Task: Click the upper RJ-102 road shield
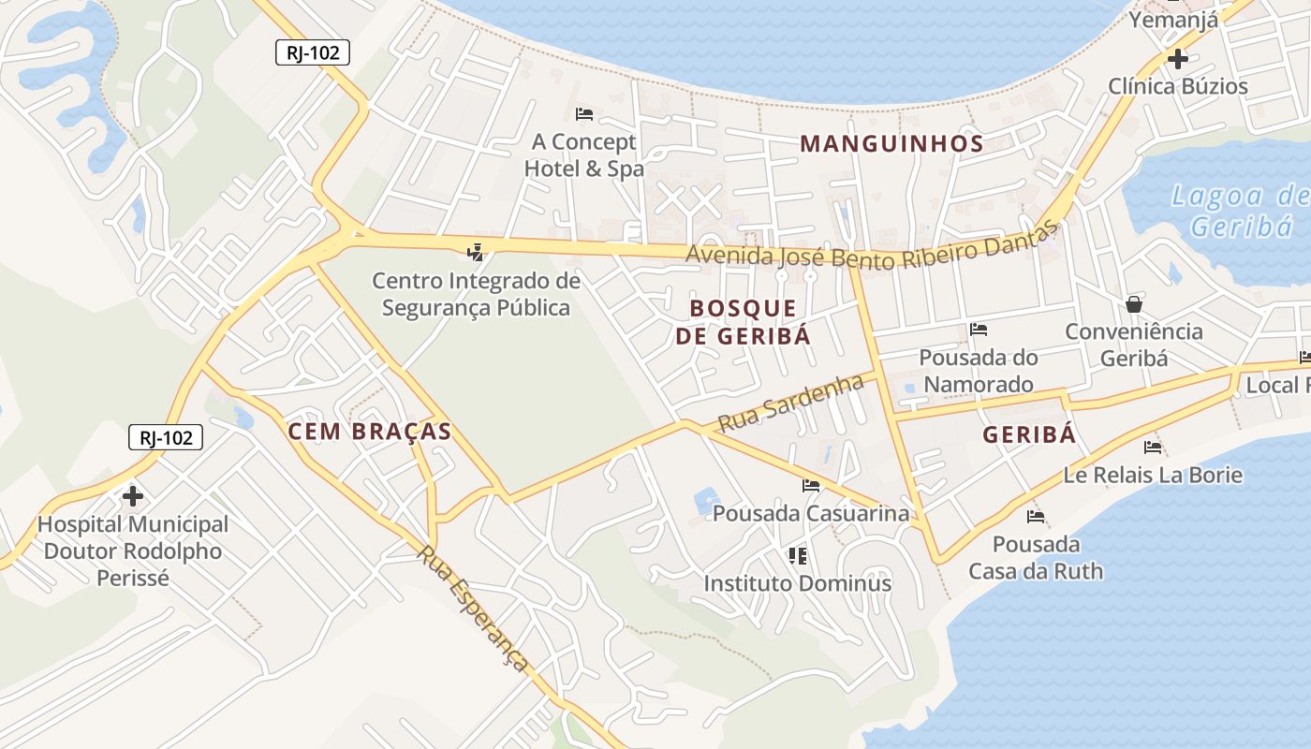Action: coord(313,52)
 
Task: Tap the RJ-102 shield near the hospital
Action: coord(166,436)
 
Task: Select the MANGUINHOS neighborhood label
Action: coord(891,143)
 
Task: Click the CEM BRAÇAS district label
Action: coord(370,431)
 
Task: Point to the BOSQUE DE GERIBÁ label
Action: coord(744,321)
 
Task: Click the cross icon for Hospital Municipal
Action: coord(133,495)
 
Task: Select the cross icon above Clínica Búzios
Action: coord(1177,59)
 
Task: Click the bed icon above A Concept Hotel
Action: coord(584,114)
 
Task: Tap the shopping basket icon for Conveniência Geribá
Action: coord(1134,304)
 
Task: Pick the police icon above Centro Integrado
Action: coord(476,251)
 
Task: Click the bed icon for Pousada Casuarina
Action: coord(811,485)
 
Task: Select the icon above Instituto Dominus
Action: coord(798,556)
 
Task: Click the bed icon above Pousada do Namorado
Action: coord(979,329)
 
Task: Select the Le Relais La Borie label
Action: coord(1152,475)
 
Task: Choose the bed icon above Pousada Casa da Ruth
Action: coord(1035,516)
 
